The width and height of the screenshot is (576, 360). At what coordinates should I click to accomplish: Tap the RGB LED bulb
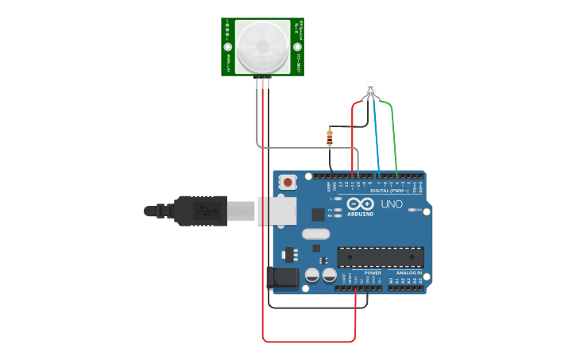click(x=370, y=88)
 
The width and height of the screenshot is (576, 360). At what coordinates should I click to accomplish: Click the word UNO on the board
click(x=392, y=204)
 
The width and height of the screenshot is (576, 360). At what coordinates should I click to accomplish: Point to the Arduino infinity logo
click(x=360, y=203)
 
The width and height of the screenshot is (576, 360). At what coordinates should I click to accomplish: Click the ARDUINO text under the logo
click(x=360, y=214)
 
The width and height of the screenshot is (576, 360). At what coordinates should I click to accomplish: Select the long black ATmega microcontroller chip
click(x=380, y=257)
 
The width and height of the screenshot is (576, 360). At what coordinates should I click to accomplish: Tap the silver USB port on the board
click(x=277, y=211)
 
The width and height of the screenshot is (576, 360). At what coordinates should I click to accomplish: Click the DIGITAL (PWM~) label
click(x=389, y=191)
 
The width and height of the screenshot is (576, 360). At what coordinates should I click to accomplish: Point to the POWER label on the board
click(x=373, y=273)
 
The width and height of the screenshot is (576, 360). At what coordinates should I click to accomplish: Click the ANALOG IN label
click(x=409, y=273)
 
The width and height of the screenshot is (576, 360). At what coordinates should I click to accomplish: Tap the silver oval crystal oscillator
click(x=315, y=234)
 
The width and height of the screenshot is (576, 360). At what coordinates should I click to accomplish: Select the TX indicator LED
click(x=338, y=210)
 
